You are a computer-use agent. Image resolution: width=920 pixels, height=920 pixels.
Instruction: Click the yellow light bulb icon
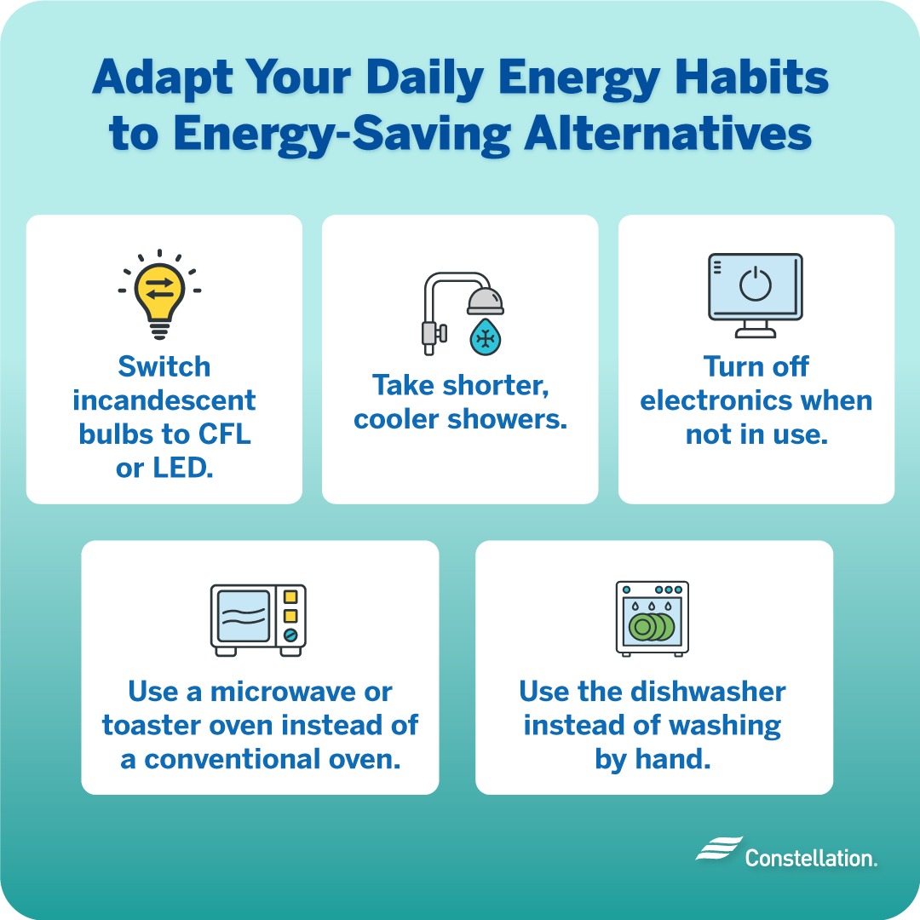(x=159, y=293)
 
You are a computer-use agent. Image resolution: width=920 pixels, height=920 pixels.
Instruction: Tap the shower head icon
(x=485, y=300)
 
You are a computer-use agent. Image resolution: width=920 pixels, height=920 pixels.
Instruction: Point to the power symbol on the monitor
(x=755, y=285)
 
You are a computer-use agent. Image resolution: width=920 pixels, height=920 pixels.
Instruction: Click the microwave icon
(x=258, y=619)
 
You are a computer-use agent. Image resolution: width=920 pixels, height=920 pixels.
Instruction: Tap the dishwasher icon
(x=653, y=619)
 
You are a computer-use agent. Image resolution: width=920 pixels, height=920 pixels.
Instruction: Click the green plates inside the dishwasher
(x=651, y=628)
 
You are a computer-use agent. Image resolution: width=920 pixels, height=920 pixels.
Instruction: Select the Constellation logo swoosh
(x=718, y=849)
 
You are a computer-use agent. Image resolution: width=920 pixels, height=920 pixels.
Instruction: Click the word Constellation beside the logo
(x=810, y=857)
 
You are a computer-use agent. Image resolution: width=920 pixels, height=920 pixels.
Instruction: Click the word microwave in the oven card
(x=276, y=691)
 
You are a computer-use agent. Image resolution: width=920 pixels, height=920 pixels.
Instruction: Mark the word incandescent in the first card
(x=164, y=400)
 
